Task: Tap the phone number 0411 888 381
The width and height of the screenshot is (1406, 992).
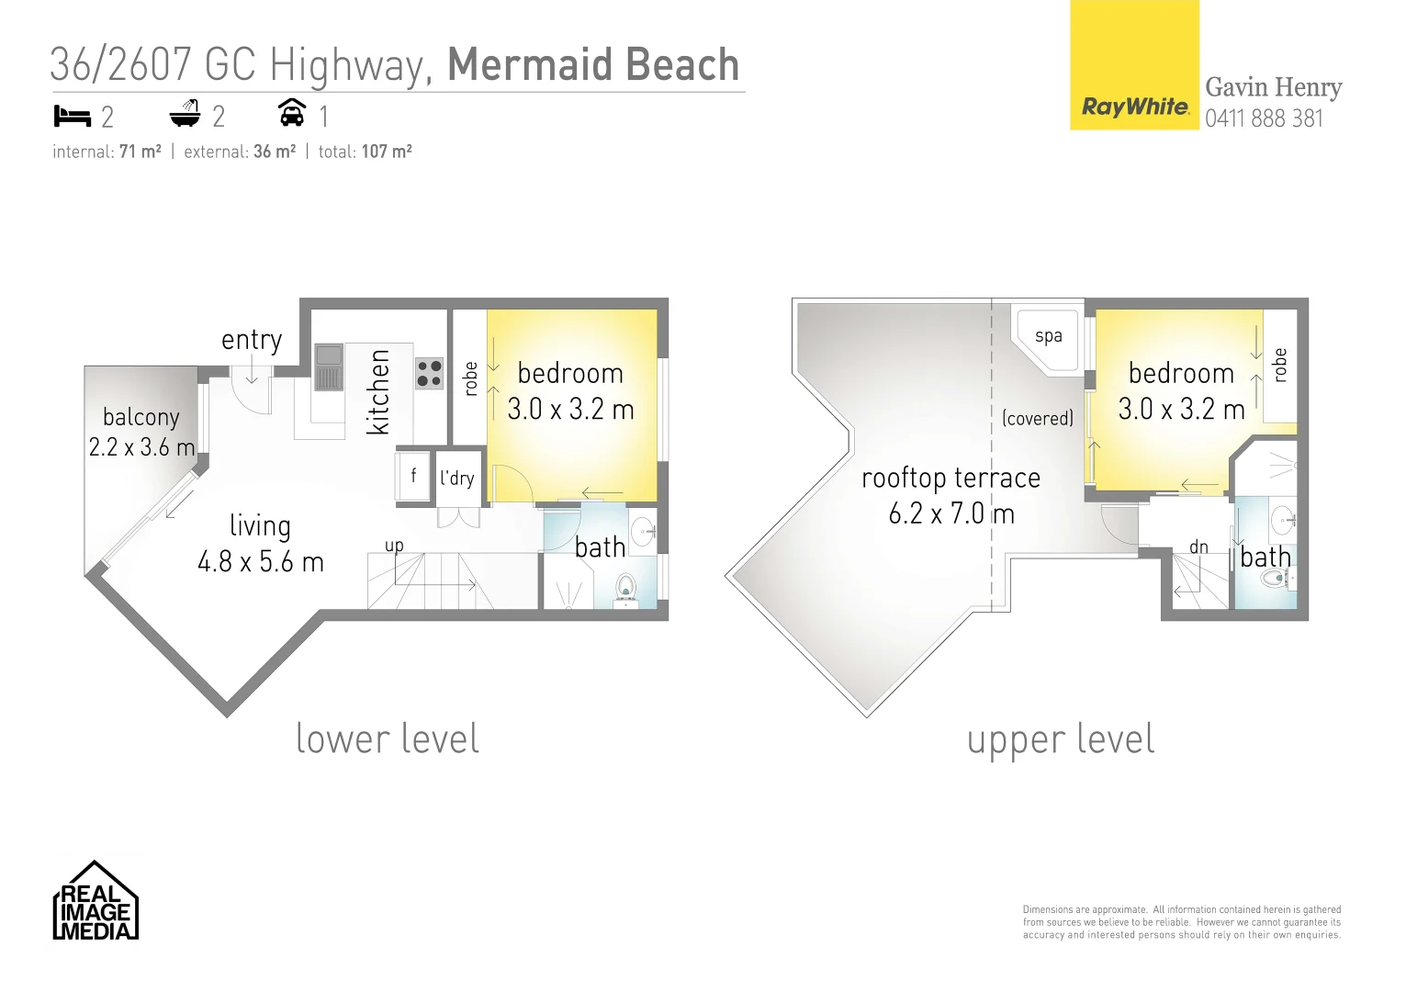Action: pyautogui.click(x=1264, y=118)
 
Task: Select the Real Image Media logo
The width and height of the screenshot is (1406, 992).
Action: pyautogui.click(x=96, y=902)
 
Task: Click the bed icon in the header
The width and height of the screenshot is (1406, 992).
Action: pyautogui.click(x=73, y=117)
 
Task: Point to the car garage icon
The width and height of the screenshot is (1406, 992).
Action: pyautogui.click(x=292, y=113)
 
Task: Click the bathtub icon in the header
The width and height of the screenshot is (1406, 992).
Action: pyautogui.click(x=185, y=115)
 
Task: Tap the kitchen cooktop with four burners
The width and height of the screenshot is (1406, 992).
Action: pyautogui.click(x=429, y=373)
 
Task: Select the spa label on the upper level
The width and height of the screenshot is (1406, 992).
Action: pyautogui.click(x=1048, y=336)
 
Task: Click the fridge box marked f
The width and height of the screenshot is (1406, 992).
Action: pyautogui.click(x=413, y=476)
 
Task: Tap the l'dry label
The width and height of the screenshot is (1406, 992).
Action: pyautogui.click(x=456, y=478)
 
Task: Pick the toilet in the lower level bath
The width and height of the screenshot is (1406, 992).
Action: pyautogui.click(x=626, y=587)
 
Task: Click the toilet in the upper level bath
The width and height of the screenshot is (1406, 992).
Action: pyautogui.click(x=1276, y=578)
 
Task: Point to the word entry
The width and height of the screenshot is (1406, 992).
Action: pyautogui.click(x=252, y=340)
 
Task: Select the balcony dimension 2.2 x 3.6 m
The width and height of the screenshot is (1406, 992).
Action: pyautogui.click(x=141, y=447)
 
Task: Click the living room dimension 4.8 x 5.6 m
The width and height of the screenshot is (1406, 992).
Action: pyautogui.click(x=261, y=562)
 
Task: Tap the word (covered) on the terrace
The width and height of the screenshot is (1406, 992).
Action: pyautogui.click(x=1038, y=419)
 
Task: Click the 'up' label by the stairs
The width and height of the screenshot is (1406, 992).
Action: pyautogui.click(x=394, y=546)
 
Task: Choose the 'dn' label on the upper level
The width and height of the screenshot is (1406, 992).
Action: pyautogui.click(x=1198, y=547)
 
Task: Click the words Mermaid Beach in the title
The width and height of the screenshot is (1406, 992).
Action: pyautogui.click(x=592, y=65)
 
